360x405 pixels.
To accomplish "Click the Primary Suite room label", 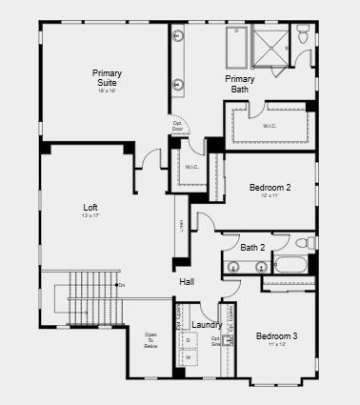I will coord(107,77).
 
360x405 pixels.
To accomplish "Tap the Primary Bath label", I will coord(239,84).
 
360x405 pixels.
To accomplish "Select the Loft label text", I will coord(90,207).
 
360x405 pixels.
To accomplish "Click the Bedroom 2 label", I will coord(270,187).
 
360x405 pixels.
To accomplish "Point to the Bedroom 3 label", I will coord(276,335).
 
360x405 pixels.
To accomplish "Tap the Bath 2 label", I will coord(253,247).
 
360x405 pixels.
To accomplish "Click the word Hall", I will coord(188,281).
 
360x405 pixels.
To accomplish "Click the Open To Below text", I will coord(150,340).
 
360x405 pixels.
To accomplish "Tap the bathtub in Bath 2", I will coord(290,265).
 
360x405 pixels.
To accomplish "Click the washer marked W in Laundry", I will coord(188,357).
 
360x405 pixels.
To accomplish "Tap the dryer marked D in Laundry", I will coord(188,340).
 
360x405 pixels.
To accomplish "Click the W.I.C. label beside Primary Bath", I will coord(270,125).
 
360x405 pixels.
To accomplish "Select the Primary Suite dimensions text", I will coord(107,91).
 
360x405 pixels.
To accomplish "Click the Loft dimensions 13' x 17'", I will coord(90,216).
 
